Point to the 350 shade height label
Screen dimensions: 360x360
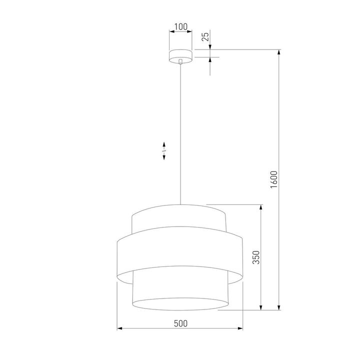coord(255,257)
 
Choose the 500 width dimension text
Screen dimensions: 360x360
coord(180,323)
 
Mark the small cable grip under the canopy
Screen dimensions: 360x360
coord(180,62)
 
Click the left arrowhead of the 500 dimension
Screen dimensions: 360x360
coord(119,329)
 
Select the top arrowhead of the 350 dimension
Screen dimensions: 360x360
coord(260,206)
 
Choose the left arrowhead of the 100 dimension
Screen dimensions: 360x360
coord(171,31)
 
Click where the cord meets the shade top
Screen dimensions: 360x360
coord(180,205)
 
